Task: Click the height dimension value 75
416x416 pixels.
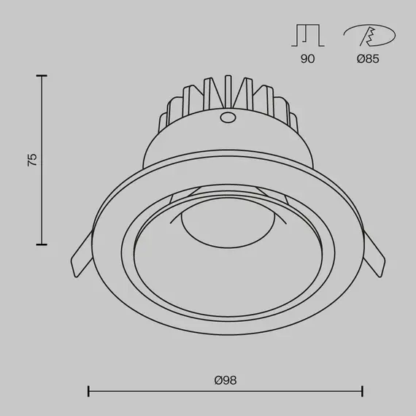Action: (x=32, y=161)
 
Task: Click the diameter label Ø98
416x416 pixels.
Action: (x=226, y=380)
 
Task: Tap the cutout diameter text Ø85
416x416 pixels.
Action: (x=368, y=59)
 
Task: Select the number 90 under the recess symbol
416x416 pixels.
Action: (x=307, y=59)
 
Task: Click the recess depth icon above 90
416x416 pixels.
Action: (x=307, y=34)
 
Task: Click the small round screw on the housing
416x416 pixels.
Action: (x=227, y=118)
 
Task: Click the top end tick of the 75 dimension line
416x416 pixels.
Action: (x=42, y=75)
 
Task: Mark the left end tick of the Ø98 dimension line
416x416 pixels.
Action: (x=88, y=392)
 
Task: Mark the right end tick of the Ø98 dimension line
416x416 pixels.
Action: (x=363, y=392)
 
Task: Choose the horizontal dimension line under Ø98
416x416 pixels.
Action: (x=226, y=392)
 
